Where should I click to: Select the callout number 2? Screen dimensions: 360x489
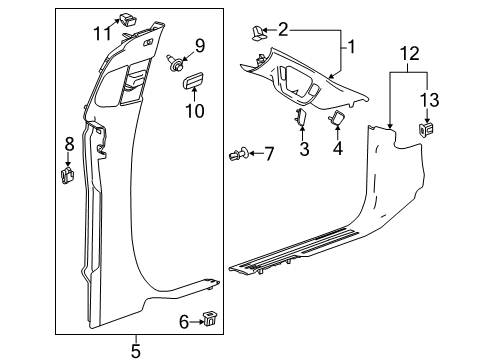pos(283,30)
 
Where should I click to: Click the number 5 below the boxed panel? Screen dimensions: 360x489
pos(136,349)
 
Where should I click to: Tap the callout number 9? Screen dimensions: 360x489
pos(199,44)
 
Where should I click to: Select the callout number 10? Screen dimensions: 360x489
pos(194,110)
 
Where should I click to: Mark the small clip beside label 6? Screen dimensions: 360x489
pos(210,319)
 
